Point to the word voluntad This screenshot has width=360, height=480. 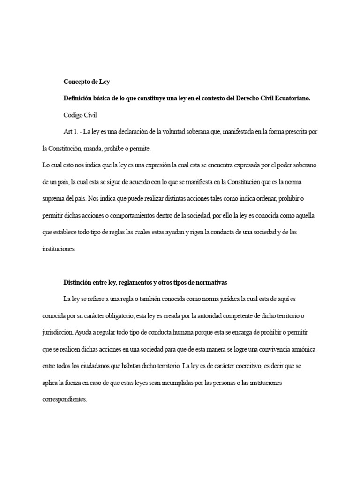pos(175,132)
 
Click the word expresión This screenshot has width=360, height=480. pos(153,165)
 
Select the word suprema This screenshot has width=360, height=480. pos(52,199)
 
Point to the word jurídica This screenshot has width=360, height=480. pos(226,299)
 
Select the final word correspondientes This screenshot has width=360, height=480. pos(65,399)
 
